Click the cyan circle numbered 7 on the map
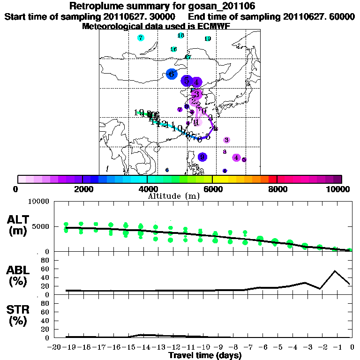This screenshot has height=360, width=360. (141, 38)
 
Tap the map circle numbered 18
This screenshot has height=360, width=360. (181, 36)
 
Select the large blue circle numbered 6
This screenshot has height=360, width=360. (172, 74)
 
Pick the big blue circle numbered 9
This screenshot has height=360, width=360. (202, 157)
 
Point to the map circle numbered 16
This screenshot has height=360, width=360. (173, 49)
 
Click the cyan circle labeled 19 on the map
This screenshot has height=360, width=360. (208, 39)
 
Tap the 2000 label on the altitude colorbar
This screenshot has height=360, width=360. (82, 189)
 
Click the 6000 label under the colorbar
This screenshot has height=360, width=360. (212, 189)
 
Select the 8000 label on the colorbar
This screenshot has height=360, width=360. (277, 189)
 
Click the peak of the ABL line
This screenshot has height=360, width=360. (335, 271)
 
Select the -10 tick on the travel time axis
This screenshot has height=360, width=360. (203, 347)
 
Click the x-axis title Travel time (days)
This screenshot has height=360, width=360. (205, 356)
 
